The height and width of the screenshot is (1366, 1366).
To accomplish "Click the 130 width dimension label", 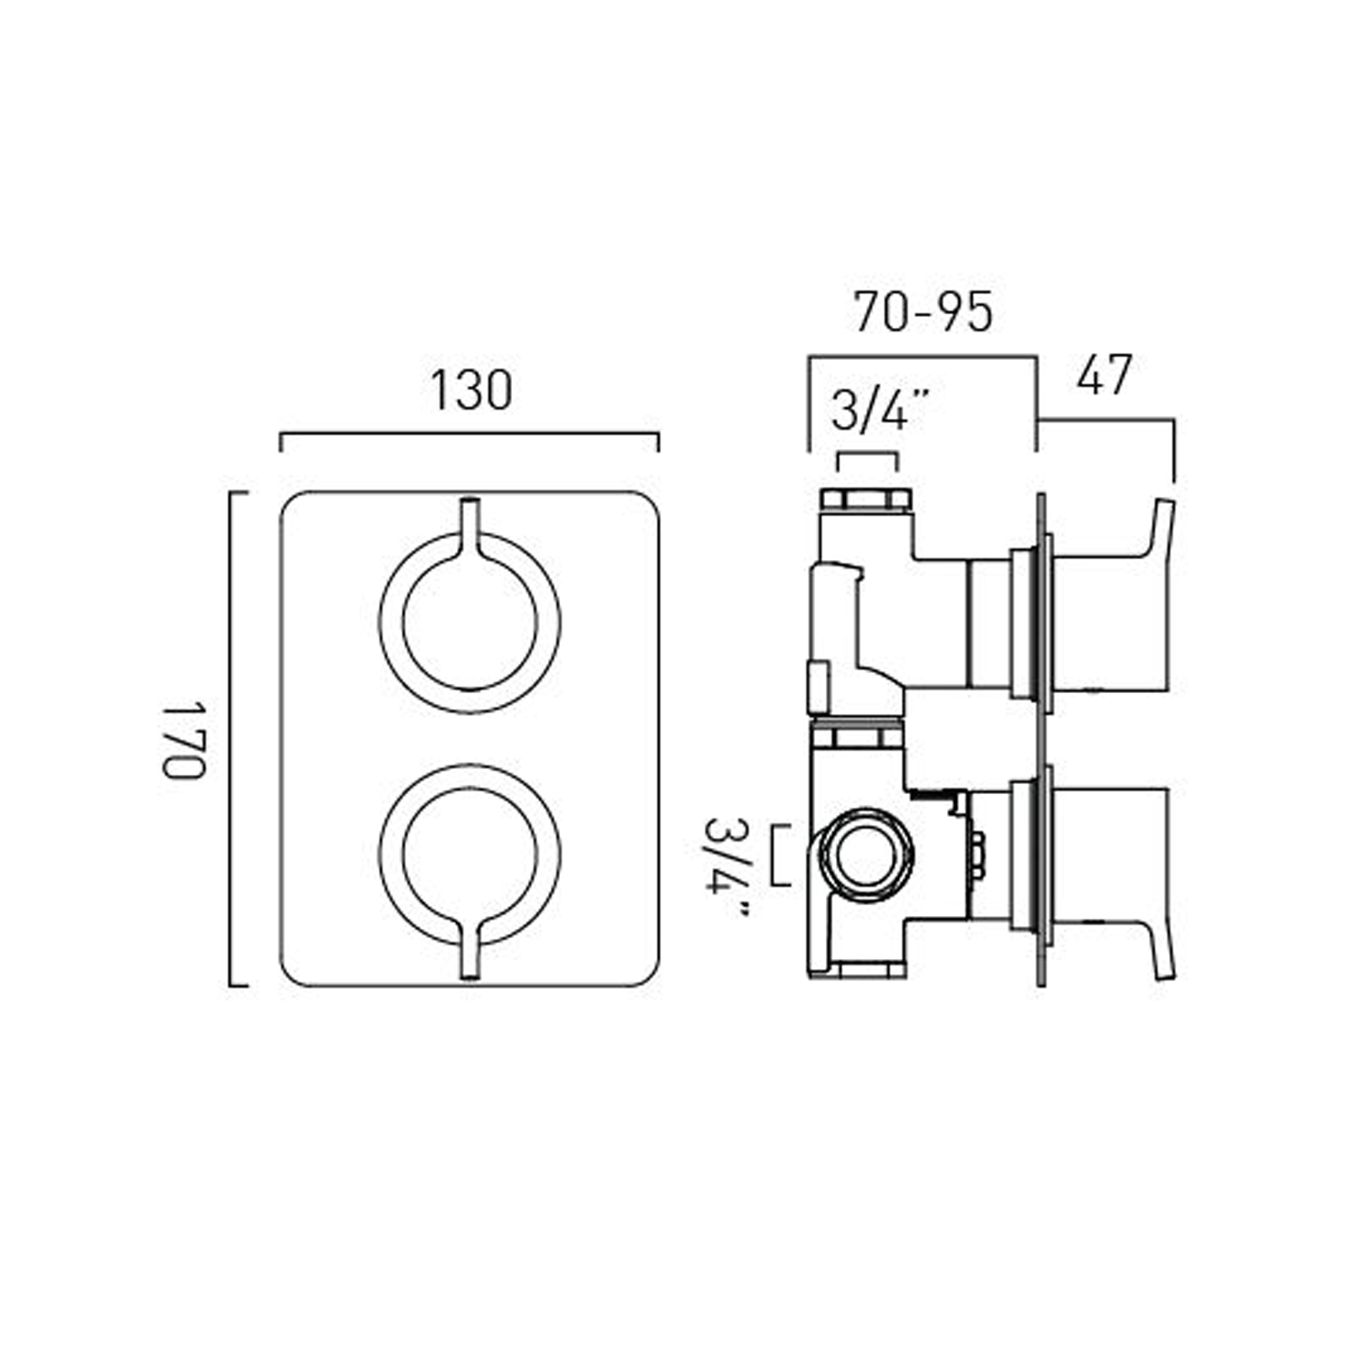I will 471,391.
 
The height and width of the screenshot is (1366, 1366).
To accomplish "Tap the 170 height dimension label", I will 185,739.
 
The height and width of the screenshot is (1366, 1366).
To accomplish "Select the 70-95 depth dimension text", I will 923,312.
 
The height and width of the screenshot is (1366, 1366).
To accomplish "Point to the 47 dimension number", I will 1104,374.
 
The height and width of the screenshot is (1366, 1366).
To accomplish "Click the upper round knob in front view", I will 469,623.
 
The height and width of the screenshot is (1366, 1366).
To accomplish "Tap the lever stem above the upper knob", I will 470,524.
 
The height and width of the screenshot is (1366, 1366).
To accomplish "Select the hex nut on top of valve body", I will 865,500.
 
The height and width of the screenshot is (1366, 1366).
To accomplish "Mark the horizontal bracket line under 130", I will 469,435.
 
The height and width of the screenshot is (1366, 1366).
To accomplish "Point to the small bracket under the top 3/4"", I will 868,454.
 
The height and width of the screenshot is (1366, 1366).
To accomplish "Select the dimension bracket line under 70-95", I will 923,358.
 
